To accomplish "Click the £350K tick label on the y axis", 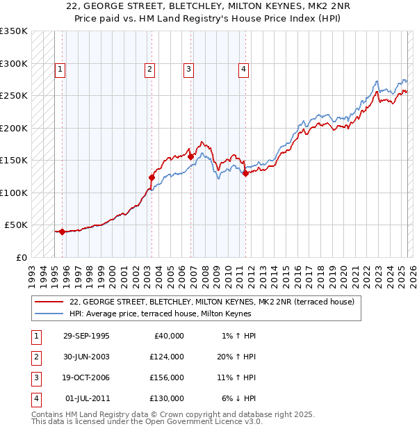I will pos(14,31).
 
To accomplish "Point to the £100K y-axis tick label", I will pos(14,193).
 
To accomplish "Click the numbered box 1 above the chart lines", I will pos(61,69).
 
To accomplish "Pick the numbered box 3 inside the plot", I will pos(188,69).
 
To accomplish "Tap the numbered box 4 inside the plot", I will pos(244,69).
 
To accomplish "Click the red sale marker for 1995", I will pos(62,231).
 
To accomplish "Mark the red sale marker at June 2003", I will pos(151,177).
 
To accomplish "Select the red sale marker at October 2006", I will pos(190,157).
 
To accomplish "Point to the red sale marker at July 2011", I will pos(245,174).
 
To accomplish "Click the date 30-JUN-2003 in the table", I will pos(86,357).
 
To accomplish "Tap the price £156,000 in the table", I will pos(167,377).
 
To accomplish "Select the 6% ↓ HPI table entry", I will pos(239,398).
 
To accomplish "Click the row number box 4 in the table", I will pos(35,398).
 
